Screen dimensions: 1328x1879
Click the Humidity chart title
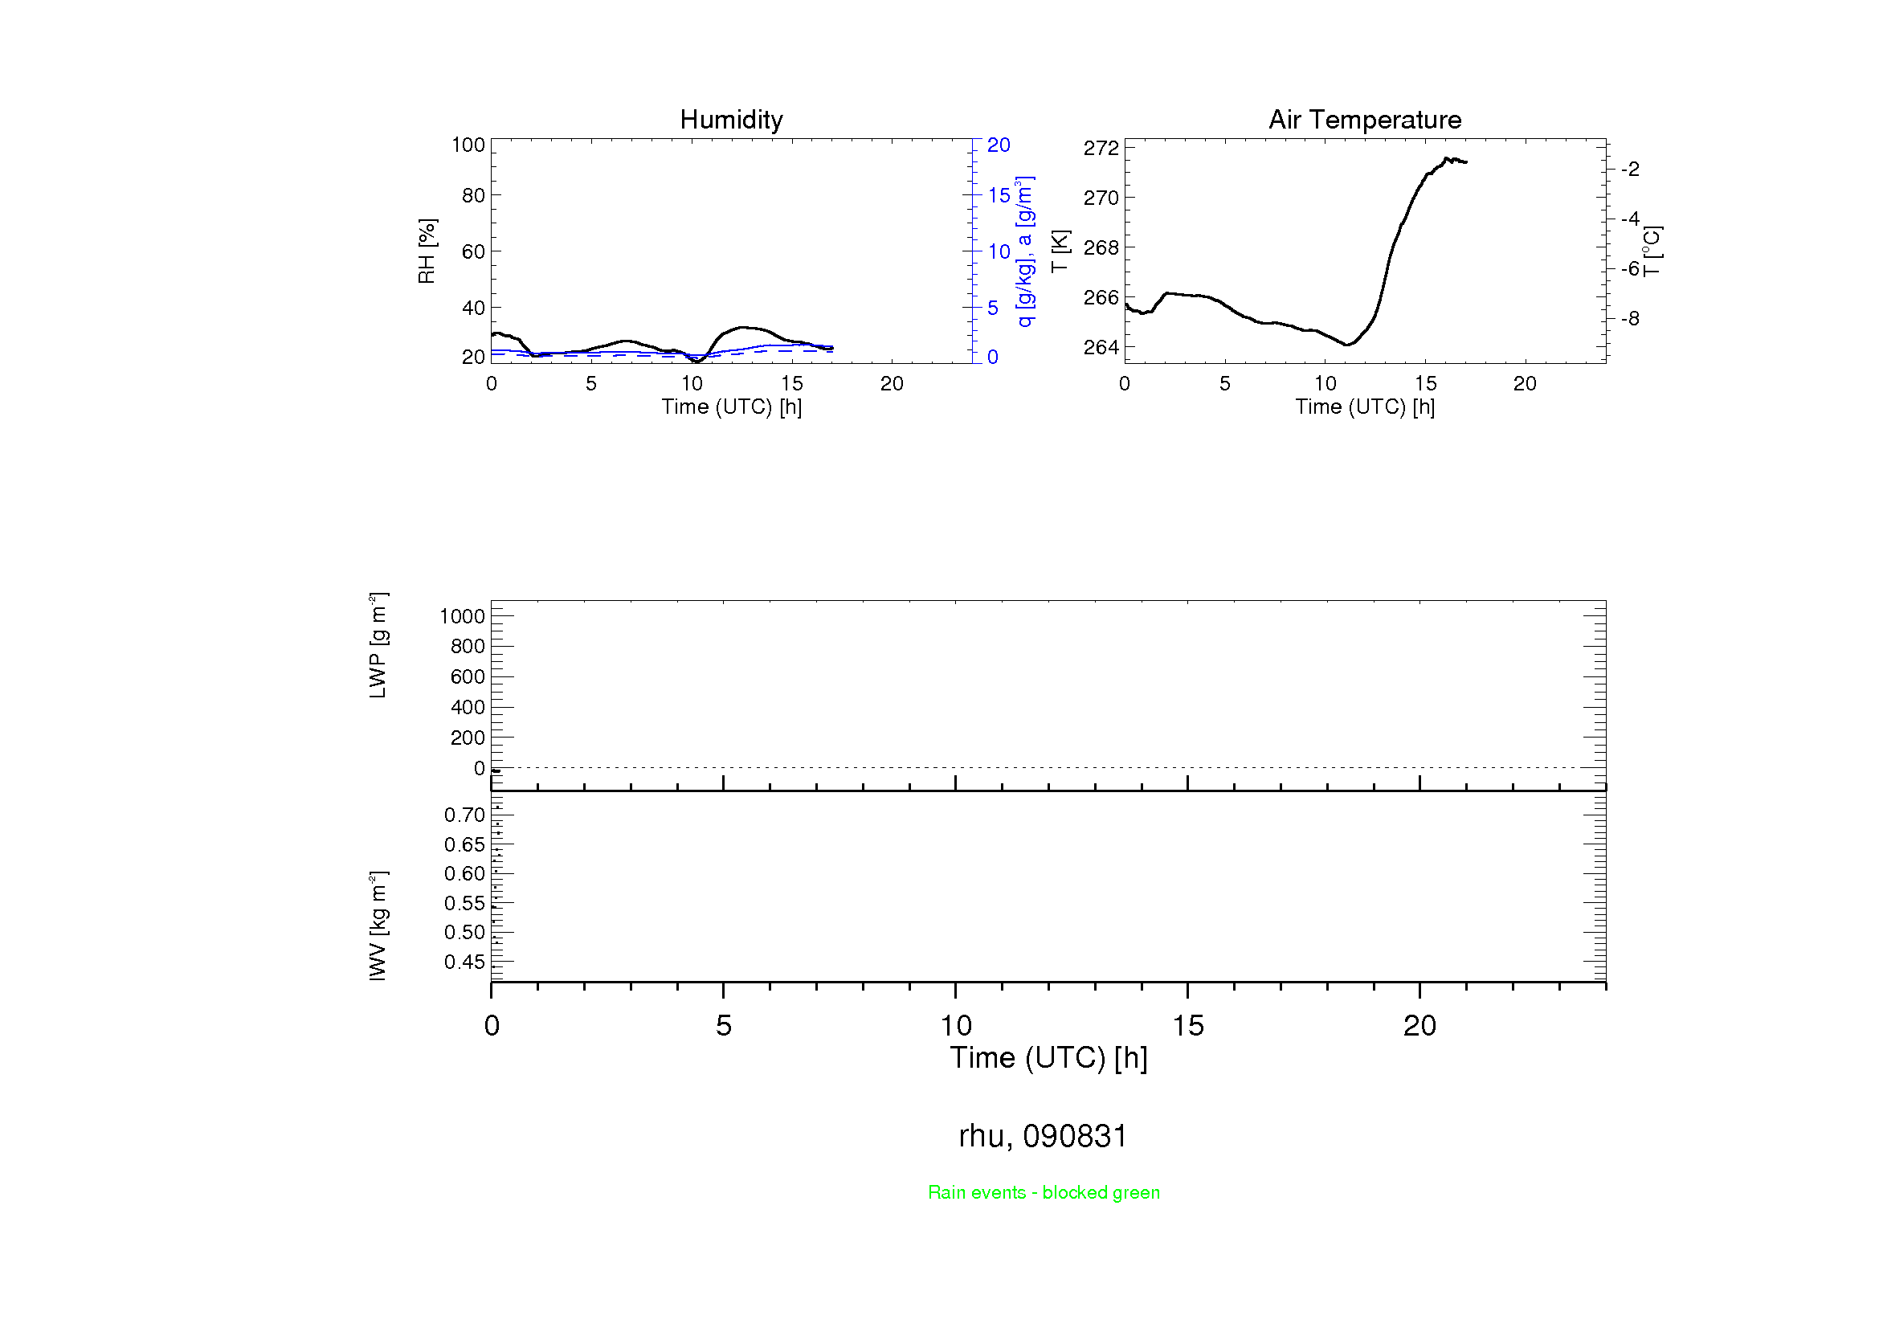731,120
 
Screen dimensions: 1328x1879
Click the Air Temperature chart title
1364,120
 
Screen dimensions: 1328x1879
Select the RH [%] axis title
427,251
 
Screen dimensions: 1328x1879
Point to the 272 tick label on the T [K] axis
1101,148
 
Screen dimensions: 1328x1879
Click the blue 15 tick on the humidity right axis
999,195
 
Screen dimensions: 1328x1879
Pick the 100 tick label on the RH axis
468,145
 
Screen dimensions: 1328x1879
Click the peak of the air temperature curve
1446,158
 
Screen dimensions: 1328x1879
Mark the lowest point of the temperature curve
1346,345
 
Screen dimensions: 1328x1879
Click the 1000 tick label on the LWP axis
462,616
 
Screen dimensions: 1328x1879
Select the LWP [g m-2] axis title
378,645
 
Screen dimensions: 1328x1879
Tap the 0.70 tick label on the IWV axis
464,815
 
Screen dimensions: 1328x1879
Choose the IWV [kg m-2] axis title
378,926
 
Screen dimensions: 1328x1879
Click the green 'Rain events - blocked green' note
1044,1192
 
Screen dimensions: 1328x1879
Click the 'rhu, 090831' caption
1043,1136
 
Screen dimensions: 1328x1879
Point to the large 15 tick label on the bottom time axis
1187,1026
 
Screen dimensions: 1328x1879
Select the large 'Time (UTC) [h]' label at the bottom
1048,1058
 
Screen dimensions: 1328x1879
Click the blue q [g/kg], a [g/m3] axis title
1024,251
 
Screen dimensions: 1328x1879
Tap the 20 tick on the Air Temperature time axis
1525,384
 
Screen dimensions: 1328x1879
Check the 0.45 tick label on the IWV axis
464,962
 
